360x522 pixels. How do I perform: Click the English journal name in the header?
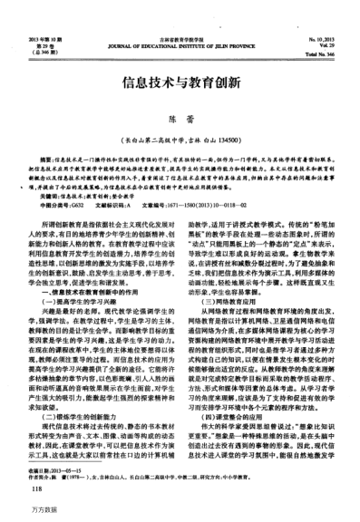click(x=180, y=47)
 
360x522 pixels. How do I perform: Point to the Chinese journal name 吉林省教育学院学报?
click(x=180, y=41)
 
